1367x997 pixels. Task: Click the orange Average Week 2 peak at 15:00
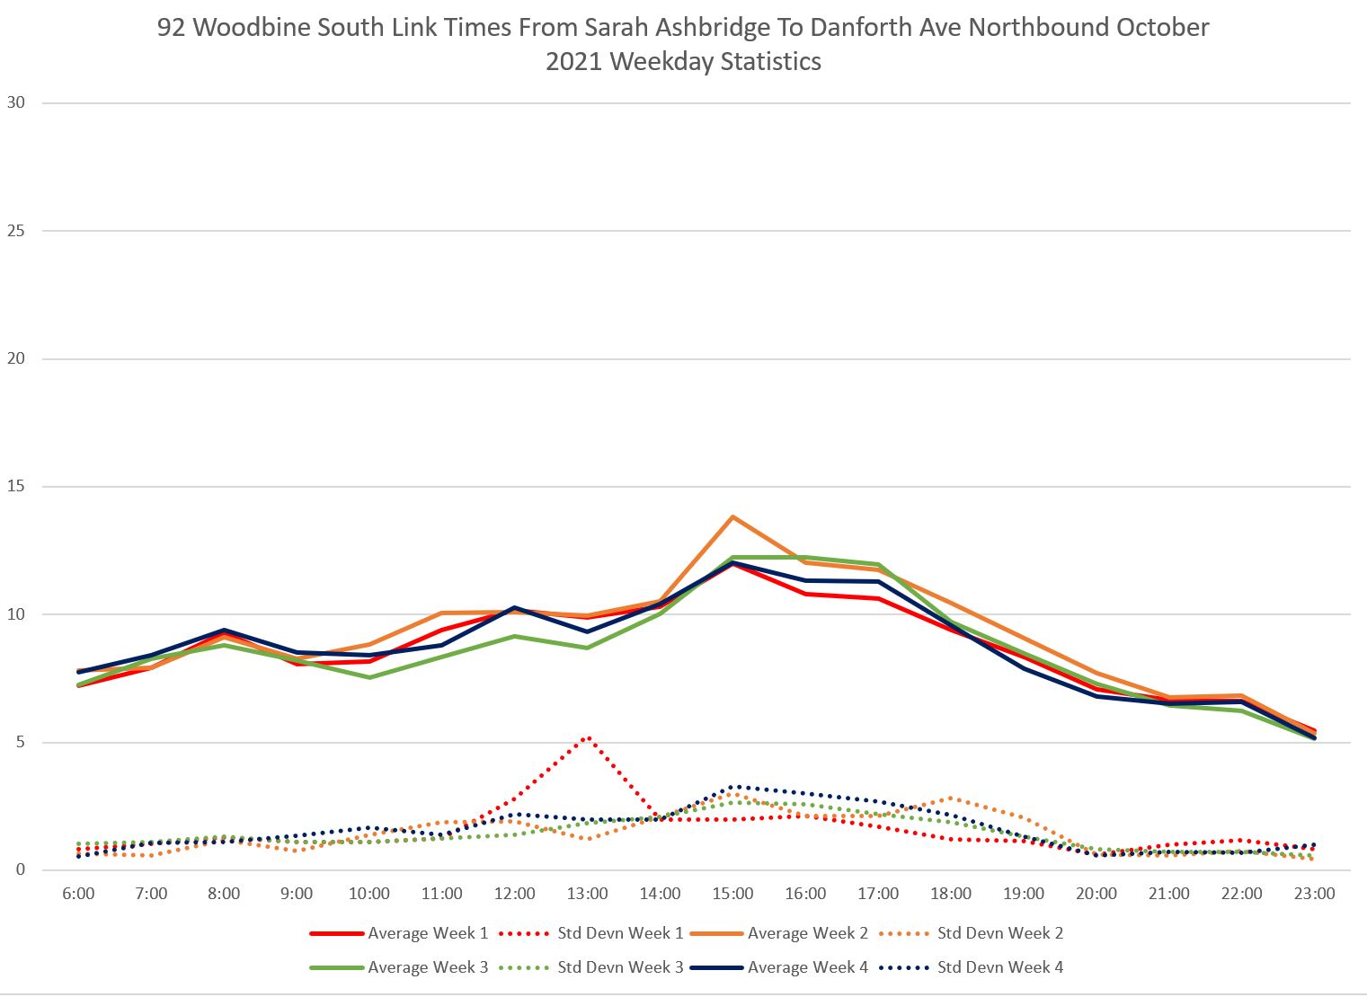[x=732, y=516]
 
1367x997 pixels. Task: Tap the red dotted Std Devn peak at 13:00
[x=587, y=737]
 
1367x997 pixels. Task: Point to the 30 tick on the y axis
[x=16, y=102]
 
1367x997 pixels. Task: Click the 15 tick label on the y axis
[x=16, y=487]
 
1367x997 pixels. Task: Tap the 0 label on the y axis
[x=21, y=870]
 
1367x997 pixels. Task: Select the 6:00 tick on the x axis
[x=78, y=894]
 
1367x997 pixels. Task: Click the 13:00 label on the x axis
[x=587, y=894]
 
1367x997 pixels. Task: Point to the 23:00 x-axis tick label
[x=1314, y=894]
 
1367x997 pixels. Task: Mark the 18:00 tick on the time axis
[x=951, y=894]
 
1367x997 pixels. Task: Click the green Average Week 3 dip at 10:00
[x=369, y=677]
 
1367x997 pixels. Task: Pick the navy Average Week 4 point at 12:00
[x=514, y=608]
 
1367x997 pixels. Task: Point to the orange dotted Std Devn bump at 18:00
[x=951, y=798]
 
